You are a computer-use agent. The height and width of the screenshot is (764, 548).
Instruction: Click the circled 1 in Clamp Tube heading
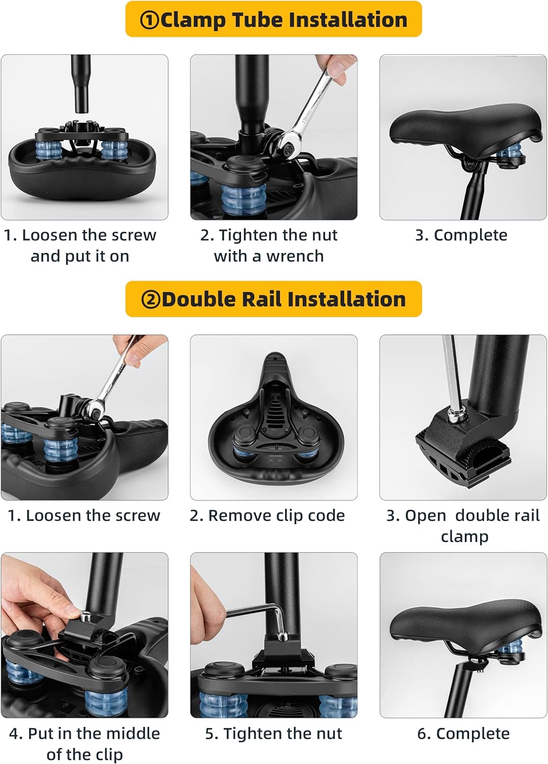[x=149, y=20]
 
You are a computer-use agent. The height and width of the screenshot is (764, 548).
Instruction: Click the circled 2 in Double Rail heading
[x=150, y=299]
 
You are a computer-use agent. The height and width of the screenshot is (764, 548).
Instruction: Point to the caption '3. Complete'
[x=461, y=235]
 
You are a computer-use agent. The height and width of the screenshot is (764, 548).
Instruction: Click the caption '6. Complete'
[x=463, y=733]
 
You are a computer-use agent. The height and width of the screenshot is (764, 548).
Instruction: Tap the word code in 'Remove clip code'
[x=326, y=515]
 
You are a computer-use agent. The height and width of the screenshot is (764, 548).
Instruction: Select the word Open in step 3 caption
[x=426, y=516]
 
